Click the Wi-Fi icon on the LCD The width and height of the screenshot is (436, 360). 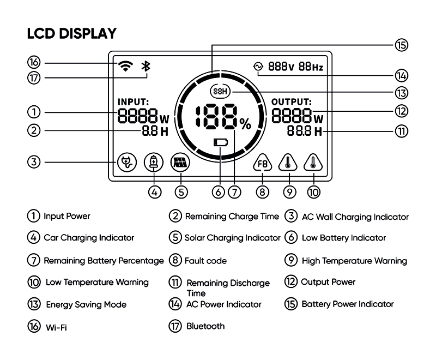(x=125, y=66)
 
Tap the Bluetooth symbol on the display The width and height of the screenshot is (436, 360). (x=146, y=66)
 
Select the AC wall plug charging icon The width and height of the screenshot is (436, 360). (x=127, y=162)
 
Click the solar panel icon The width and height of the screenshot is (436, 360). (x=180, y=162)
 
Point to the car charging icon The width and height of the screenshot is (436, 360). (x=154, y=162)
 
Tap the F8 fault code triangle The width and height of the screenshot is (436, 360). (x=263, y=163)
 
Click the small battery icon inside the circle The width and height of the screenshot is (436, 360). (x=221, y=143)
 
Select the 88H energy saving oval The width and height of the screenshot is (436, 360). (x=221, y=91)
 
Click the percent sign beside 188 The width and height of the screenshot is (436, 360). (x=246, y=124)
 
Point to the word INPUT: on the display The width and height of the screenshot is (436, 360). (x=133, y=101)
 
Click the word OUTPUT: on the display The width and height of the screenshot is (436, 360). (x=292, y=101)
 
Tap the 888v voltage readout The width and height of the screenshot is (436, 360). (x=281, y=67)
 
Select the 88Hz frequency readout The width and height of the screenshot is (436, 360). (x=311, y=67)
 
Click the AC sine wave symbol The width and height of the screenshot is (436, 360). (x=258, y=67)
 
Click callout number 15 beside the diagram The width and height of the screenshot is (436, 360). (x=401, y=45)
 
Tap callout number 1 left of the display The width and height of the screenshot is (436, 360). (x=34, y=112)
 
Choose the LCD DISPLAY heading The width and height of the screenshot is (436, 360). (x=72, y=33)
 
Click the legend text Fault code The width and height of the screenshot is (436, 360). (x=205, y=261)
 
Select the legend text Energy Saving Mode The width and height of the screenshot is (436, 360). (x=86, y=305)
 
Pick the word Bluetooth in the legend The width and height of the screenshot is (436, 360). (x=205, y=326)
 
